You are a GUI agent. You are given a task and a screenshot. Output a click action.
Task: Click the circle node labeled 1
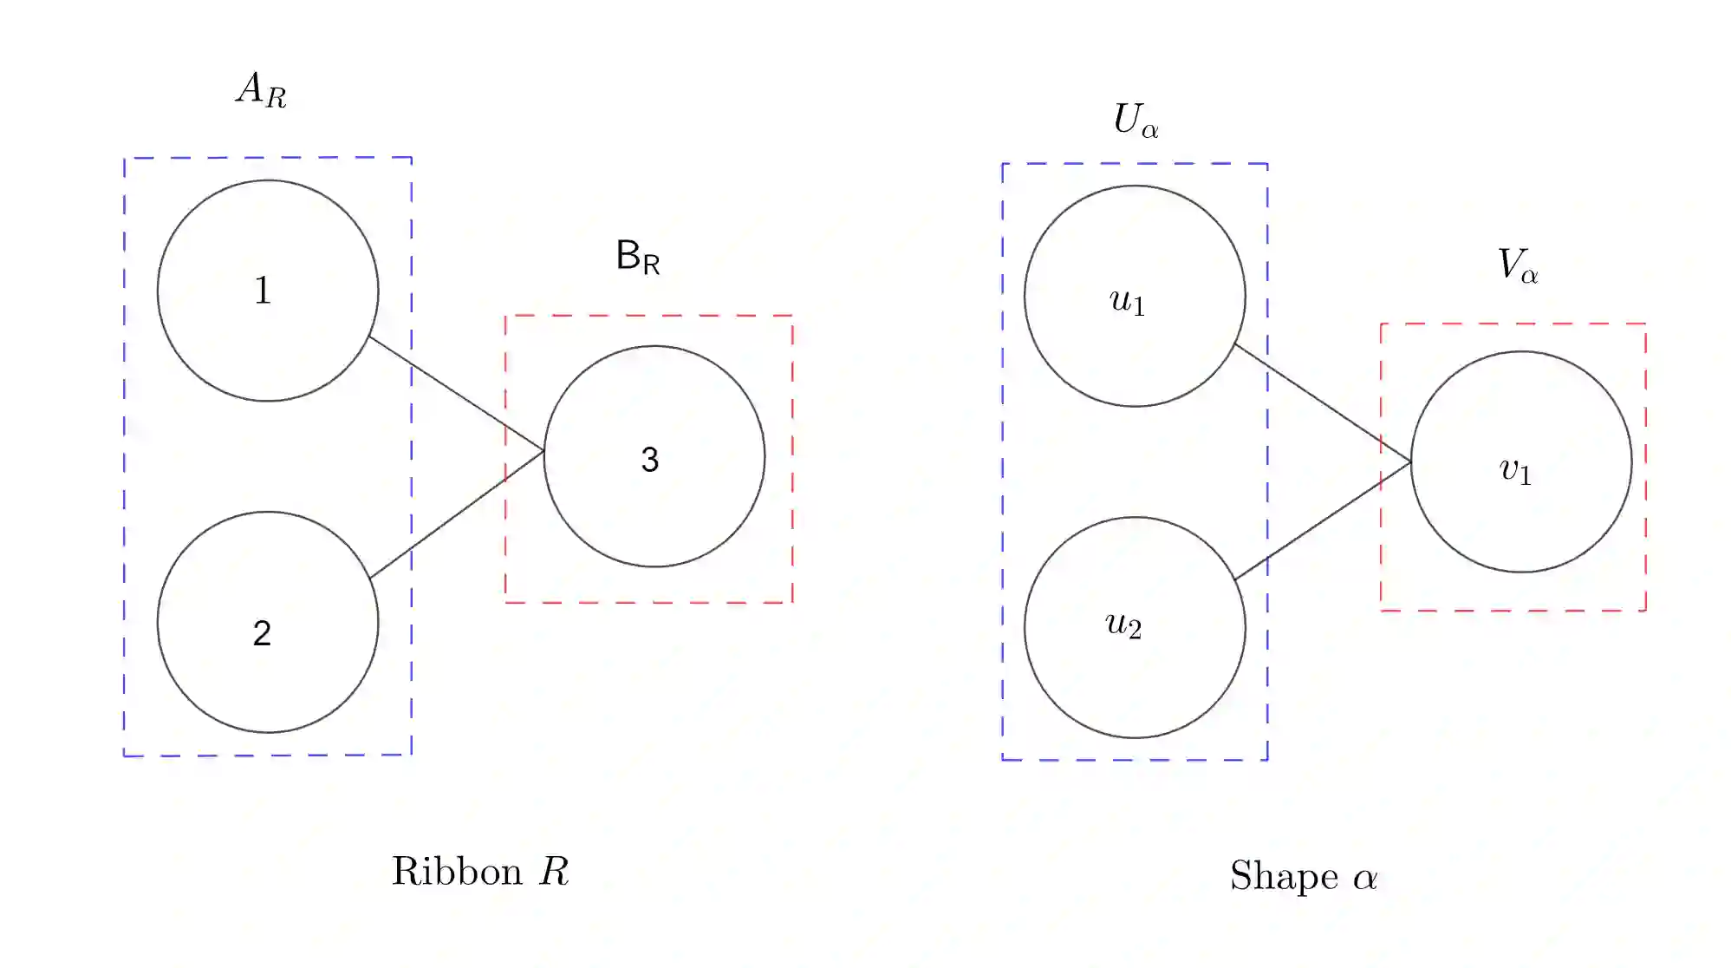(268, 291)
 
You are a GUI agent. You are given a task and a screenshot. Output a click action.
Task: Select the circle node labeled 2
(268, 622)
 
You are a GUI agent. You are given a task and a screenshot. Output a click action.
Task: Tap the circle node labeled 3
(654, 456)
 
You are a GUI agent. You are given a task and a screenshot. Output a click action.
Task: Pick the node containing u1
(1135, 296)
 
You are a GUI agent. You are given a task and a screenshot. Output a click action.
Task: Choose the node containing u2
(1135, 627)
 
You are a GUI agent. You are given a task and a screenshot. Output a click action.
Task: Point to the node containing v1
(1521, 461)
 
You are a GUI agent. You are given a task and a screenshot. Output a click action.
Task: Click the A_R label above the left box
(261, 89)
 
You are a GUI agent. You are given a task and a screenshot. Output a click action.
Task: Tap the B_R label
(638, 257)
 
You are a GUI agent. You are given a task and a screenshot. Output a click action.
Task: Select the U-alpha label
(1136, 120)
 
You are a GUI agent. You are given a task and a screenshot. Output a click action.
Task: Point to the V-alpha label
(1518, 265)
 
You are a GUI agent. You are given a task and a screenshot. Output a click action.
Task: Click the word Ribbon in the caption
(457, 871)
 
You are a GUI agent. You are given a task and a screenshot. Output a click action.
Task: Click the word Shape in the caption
(1284, 876)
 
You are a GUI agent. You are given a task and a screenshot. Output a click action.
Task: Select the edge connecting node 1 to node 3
(457, 394)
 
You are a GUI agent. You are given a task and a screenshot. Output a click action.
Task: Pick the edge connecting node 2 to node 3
(457, 514)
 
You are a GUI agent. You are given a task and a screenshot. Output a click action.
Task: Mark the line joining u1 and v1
(1323, 403)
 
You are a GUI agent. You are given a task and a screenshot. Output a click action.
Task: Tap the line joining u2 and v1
(1323, 520)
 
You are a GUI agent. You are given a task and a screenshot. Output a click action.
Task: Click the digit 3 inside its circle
(650, 459)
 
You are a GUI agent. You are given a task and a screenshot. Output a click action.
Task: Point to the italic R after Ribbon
(554, 871)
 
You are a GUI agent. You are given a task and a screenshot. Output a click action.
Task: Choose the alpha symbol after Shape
(1365, 878)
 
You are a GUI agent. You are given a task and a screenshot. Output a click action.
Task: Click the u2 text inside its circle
(1123, 625)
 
